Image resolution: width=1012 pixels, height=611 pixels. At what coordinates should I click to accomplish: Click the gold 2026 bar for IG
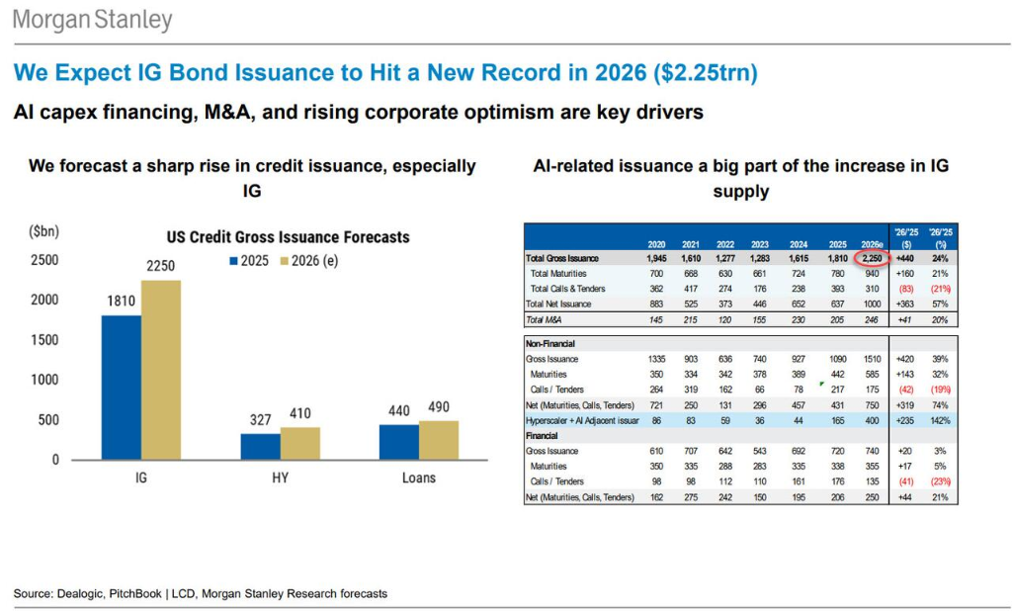161,370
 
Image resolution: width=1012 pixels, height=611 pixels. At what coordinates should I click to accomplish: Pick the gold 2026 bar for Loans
439,440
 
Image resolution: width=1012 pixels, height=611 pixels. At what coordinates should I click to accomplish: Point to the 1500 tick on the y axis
43,340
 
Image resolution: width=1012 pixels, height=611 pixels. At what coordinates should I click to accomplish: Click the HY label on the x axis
281,478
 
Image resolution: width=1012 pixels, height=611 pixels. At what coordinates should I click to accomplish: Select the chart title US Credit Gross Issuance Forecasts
287,237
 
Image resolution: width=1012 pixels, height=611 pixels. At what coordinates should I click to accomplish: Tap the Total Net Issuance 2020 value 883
656,304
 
